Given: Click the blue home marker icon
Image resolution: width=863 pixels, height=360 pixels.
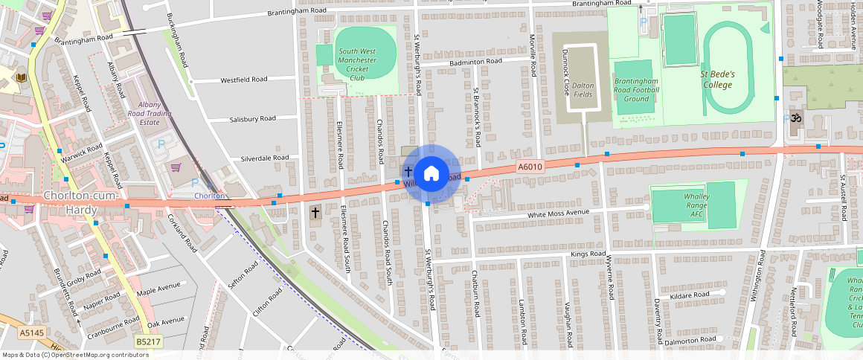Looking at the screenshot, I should pyautogui.click(x=431, y=174).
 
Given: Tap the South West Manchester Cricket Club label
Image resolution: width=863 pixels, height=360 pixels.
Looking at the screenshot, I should pyautogui.click(x=357, y=65).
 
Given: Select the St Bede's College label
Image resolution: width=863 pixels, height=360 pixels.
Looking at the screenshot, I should pyautogui.click(x=718, y=80).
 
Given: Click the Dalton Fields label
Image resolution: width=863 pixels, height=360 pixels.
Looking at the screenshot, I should pyautogui.click(x=583, y=89).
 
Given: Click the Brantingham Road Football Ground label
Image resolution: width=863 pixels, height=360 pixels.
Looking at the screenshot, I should pyautogui.click(x=636, y=89).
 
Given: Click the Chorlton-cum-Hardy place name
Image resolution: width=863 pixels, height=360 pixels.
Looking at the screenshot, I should pyautogui.click(x=71, y=202).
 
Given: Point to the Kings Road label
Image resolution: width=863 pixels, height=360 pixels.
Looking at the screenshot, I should pyautogui.click(x=588, y=254).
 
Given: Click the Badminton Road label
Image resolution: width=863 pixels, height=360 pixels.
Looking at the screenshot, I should pyautogui.click(x=475, y=62).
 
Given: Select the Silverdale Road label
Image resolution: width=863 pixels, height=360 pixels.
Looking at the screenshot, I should pyautogui.click(x=264, y=158).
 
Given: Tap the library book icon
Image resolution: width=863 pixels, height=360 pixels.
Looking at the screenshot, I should pyautogui.click(x=22, y=77).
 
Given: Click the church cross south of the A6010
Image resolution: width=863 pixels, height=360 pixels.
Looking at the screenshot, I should pyautogui.click(x=315, y=213).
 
